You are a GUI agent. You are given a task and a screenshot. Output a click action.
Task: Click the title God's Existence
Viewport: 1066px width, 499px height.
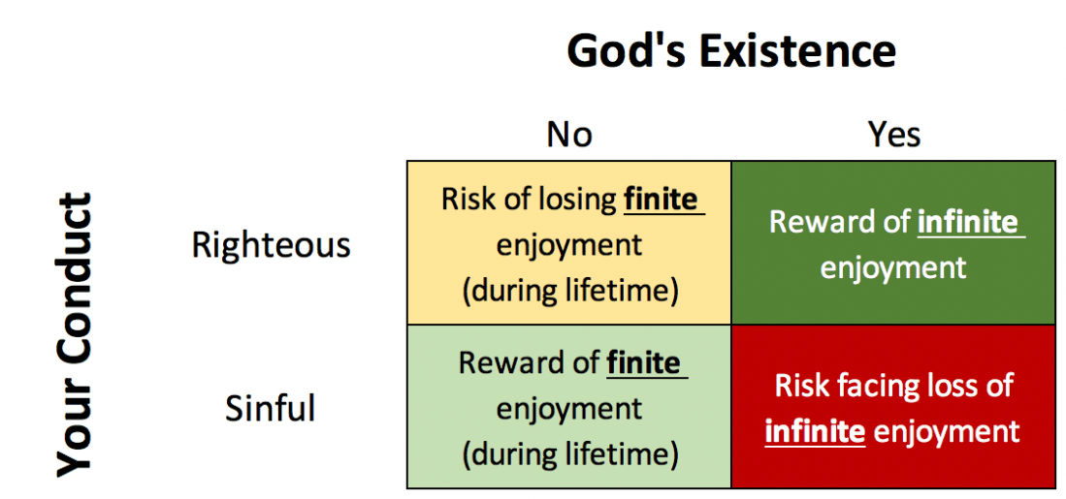(x=731, y=50)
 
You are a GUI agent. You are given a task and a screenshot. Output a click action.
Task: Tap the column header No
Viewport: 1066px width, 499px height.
(x=569, y=135)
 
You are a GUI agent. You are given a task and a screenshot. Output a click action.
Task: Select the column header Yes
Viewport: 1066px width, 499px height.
(x=894, y=135)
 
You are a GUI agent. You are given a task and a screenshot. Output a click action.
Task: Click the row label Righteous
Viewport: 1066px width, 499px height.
(x=272, y=245)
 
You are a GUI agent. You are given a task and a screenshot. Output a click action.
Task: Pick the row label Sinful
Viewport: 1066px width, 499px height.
(x=270, y=409)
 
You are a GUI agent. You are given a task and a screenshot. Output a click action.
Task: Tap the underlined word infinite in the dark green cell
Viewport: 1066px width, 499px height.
(x=968, y=224)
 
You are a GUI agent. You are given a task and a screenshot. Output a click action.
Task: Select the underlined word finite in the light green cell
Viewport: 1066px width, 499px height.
(x=644, y=362)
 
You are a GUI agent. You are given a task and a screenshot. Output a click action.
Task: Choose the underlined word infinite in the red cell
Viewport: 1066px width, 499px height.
(x=815, y=432)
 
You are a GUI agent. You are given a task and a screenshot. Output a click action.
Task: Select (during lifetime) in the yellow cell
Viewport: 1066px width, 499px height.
(x=569, y=291)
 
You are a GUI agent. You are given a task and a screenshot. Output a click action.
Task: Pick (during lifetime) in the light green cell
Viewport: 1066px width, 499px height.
(x=569, y=454)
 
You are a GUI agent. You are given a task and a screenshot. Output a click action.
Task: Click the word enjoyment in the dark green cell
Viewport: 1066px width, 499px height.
(x=893, y=268)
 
